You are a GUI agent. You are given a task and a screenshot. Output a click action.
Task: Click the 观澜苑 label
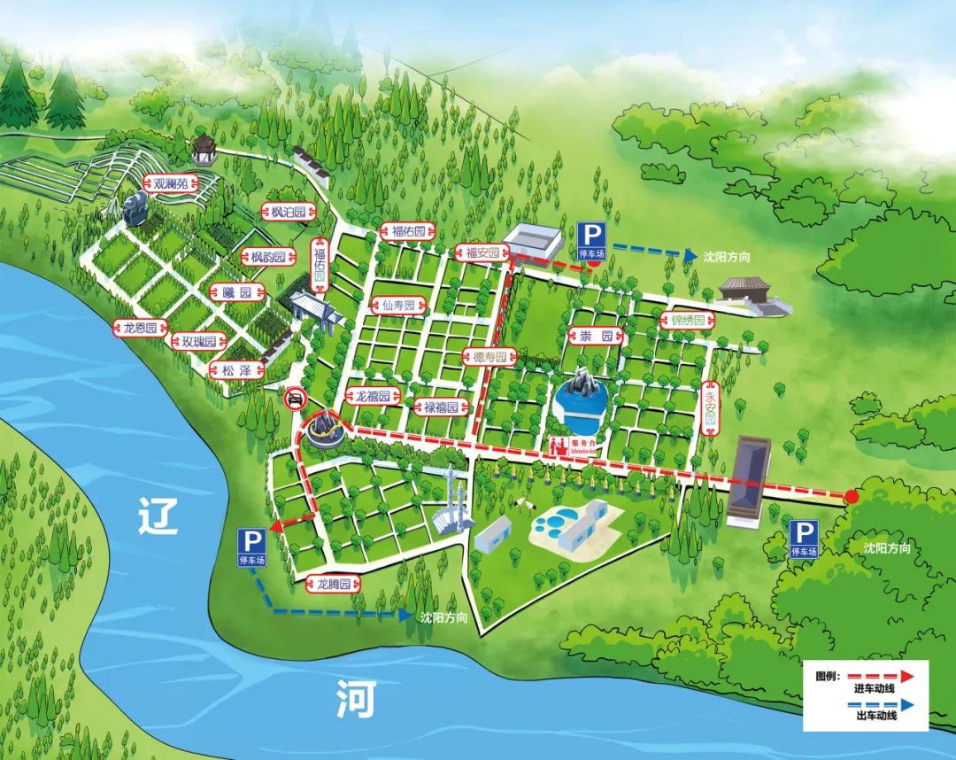pos(171,184)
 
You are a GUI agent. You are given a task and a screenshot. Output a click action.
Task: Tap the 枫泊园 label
pos(289,212)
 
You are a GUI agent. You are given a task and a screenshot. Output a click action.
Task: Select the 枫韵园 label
pos(268,257)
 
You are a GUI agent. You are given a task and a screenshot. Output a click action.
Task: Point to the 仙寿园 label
pos(399,306)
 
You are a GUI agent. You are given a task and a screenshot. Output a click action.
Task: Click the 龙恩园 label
pos(140,328)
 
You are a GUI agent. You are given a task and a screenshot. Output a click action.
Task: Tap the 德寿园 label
pos(490,357)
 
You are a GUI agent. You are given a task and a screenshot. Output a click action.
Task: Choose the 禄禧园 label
pos(440,407)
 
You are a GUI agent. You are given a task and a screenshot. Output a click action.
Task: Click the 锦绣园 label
pos(688,320)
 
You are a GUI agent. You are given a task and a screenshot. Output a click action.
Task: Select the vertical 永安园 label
pos(711,408)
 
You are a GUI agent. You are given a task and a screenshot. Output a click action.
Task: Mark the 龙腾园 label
pos(335,584)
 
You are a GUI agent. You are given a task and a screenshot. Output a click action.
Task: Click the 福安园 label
pos(482,253)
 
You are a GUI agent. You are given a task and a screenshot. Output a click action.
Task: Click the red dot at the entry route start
pos(852,497)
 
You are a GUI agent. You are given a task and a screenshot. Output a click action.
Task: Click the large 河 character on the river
pos(357,700)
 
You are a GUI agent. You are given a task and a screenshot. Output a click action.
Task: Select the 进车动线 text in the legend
pos(875,689)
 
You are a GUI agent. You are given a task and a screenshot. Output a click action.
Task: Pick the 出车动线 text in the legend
pos(875,715)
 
